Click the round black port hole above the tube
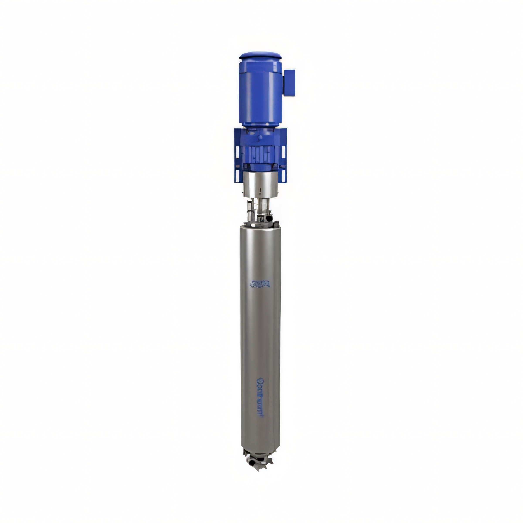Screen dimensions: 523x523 [269, 218]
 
